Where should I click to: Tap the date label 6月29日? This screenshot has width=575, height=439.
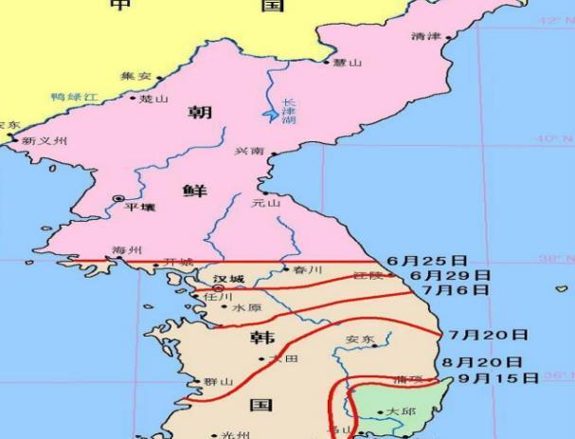pyautogui.click(x=450, y=275)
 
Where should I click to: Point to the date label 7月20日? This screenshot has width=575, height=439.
pyautogui.click(x=487, y=335)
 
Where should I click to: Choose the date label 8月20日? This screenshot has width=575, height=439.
pyautogui.click(x=482, y=362)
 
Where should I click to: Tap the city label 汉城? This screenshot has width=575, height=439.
pyautogui.click(x=228, y=279)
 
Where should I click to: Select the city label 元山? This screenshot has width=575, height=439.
pyautogui.click(x=266, y=203)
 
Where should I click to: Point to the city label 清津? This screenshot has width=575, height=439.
pyautogui.click(x=427, y=36)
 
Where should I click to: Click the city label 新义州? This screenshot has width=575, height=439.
pyautogui.click(x=45, y=140)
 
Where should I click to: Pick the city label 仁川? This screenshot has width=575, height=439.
pyautogui.click(x=218, y=296)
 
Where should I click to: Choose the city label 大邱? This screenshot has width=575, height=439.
pyautogui.click(x=401, y=412)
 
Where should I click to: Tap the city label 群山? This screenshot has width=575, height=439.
pyautogui.click(x=219, y=381)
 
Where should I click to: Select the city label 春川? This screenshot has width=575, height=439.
pyautogui.click(x=308, y=270)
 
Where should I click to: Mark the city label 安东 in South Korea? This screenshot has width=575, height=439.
pyautogui.click(x=359, y=338)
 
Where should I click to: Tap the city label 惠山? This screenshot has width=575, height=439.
pyautogui.click(x=348, y=63)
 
